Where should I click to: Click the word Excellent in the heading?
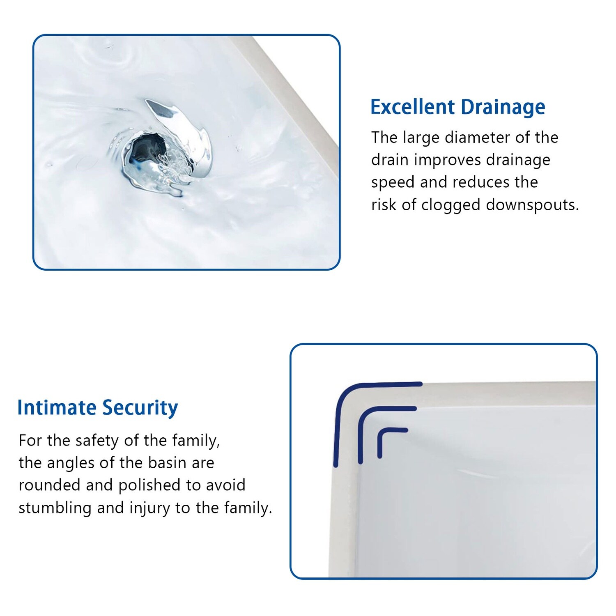[412, 107]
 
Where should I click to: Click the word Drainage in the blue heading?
[503, 108]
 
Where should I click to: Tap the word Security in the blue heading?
[140, 408]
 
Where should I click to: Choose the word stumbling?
[55, 508]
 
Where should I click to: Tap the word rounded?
[49, 485]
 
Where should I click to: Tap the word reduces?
[479, 182]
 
